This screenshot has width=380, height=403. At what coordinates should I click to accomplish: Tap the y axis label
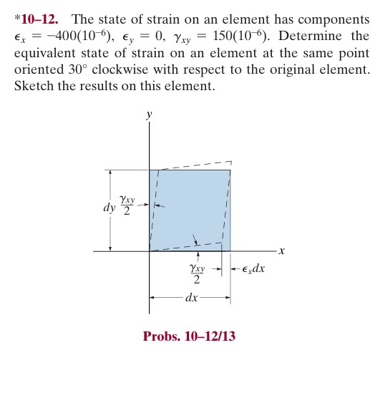coord(149,115)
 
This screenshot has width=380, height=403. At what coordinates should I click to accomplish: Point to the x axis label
coord(281,251)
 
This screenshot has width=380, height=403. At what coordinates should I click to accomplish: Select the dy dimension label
coord(109,208)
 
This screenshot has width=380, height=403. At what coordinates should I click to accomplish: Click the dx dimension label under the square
coord(191,296)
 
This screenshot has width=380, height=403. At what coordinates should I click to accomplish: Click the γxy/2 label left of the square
coord(127,204)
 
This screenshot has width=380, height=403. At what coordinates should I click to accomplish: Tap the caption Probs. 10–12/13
coord(189,336)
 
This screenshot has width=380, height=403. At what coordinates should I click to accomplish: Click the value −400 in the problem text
coord(70,37)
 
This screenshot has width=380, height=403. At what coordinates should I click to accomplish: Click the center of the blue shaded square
coord(190,210)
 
